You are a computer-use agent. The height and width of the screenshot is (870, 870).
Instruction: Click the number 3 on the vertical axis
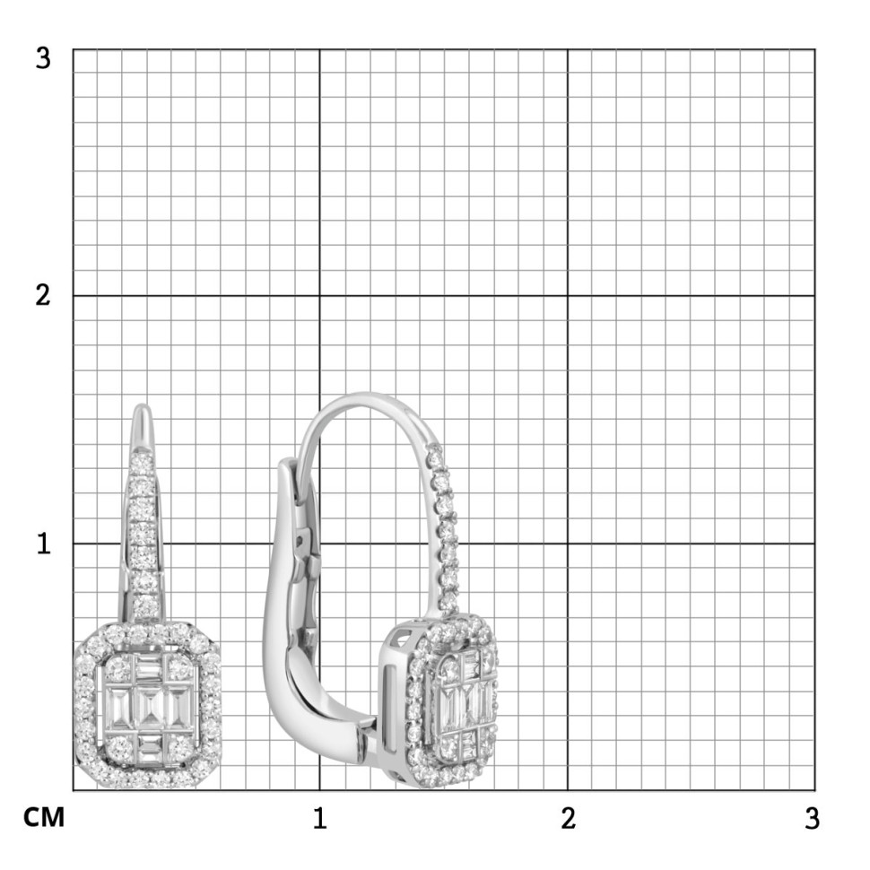43,58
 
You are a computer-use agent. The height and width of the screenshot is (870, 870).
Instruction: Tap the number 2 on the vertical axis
43,295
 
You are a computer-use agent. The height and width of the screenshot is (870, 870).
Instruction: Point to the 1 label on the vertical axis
44,544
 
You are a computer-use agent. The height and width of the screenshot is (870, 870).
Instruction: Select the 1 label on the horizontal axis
319,818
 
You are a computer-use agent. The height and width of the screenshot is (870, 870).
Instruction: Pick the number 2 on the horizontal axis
568,818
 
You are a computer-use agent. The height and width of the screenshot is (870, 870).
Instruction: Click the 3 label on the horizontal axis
813,818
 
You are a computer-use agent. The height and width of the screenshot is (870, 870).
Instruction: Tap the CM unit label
44,818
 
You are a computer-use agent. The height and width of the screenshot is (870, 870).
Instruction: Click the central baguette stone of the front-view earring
148,709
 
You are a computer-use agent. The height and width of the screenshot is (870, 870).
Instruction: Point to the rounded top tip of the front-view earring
143,405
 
